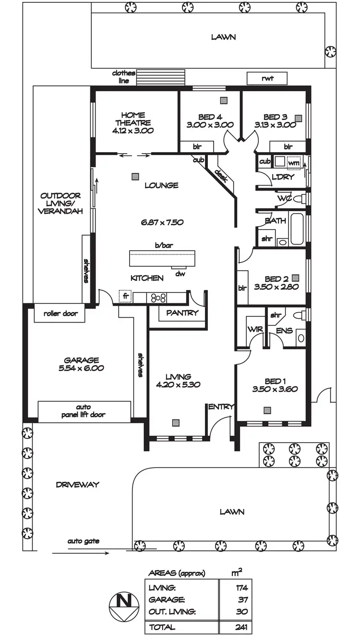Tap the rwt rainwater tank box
click(267, 78)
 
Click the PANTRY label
click(182, 313)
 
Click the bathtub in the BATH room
click(297, 229)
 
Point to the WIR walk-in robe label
click(253, 330)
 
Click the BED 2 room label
click(276, 279)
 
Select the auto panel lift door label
click(84, 411)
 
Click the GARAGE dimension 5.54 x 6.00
click(81, 369)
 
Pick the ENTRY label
click(221, 407)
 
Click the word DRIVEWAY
click(77, 485)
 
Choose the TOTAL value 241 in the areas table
click(240, 627)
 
